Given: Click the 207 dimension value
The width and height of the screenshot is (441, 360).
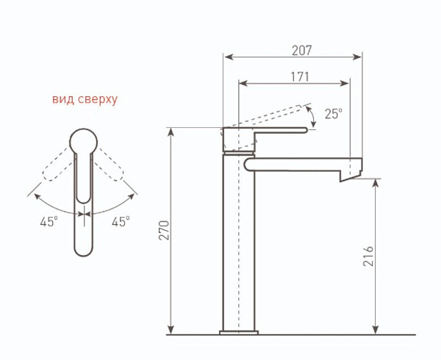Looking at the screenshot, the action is [302, 51].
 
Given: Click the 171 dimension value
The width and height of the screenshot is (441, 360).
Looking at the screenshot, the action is [300, 76].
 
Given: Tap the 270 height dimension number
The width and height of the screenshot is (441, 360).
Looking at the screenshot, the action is [164, 230].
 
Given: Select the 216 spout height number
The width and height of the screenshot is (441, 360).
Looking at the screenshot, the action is [368, 256].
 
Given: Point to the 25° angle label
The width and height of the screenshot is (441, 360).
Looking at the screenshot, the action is [334, 114].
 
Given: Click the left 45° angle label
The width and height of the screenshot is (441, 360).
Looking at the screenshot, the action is [49, 222].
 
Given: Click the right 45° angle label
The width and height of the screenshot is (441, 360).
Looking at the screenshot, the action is [121, 221].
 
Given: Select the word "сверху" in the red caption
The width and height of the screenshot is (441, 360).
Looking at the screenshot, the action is [97, 100].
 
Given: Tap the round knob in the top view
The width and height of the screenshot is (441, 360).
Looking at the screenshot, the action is [84, 141].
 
